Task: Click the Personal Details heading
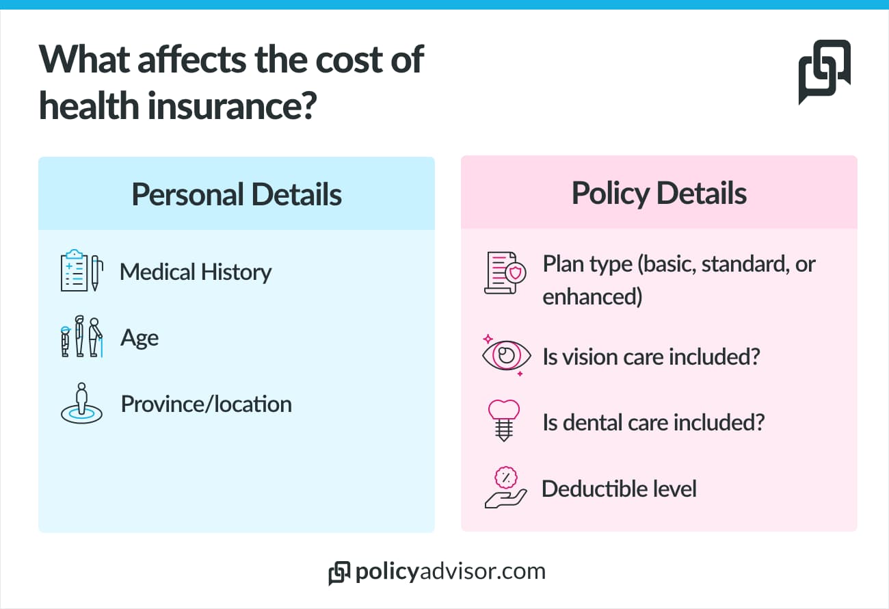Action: pos(237,194)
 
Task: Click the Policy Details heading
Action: pos(659,194)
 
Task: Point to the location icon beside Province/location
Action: pos(81,404)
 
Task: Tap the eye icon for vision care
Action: pos(506,355)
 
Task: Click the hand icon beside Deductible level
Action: pos(505,488)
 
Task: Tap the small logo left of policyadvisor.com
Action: pos(339,573)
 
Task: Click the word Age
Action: pos(140,338)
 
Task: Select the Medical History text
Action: pos(196,272)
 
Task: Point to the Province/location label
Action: pos(206,404)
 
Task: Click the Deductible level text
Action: pos(619,489)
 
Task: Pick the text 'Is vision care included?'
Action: pos(651,357)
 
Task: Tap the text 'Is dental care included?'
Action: pos(653,422)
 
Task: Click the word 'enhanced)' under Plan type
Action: pos(592,298)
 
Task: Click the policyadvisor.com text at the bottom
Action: pos(450,572)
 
